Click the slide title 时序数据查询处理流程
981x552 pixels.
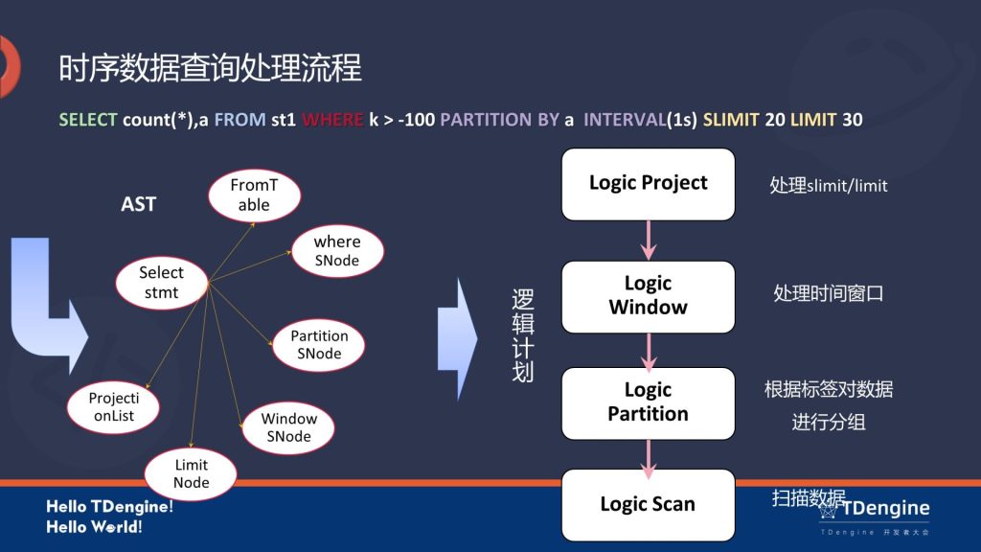[210, 69]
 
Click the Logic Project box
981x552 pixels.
[648, 183]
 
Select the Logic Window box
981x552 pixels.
[648, 295]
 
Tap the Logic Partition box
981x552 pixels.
[648, 402]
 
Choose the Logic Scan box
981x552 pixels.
[648, 504]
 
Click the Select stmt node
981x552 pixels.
[161, 283]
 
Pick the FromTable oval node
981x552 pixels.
[254, 195]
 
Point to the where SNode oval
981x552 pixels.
[337, 251]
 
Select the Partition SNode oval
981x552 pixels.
[319, 345]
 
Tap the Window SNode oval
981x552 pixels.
[288, 427]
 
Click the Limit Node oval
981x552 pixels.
[191, 473]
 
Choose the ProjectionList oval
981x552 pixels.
[114, 406]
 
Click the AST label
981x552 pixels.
[138, 204]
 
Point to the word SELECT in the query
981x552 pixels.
[88, 120]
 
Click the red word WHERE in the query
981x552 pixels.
[332, 120]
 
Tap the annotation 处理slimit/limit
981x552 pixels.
[829, 185]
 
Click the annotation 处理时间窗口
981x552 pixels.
[828, 293]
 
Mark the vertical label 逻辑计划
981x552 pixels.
[522, 335]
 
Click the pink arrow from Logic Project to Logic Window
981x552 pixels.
[649, 239]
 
